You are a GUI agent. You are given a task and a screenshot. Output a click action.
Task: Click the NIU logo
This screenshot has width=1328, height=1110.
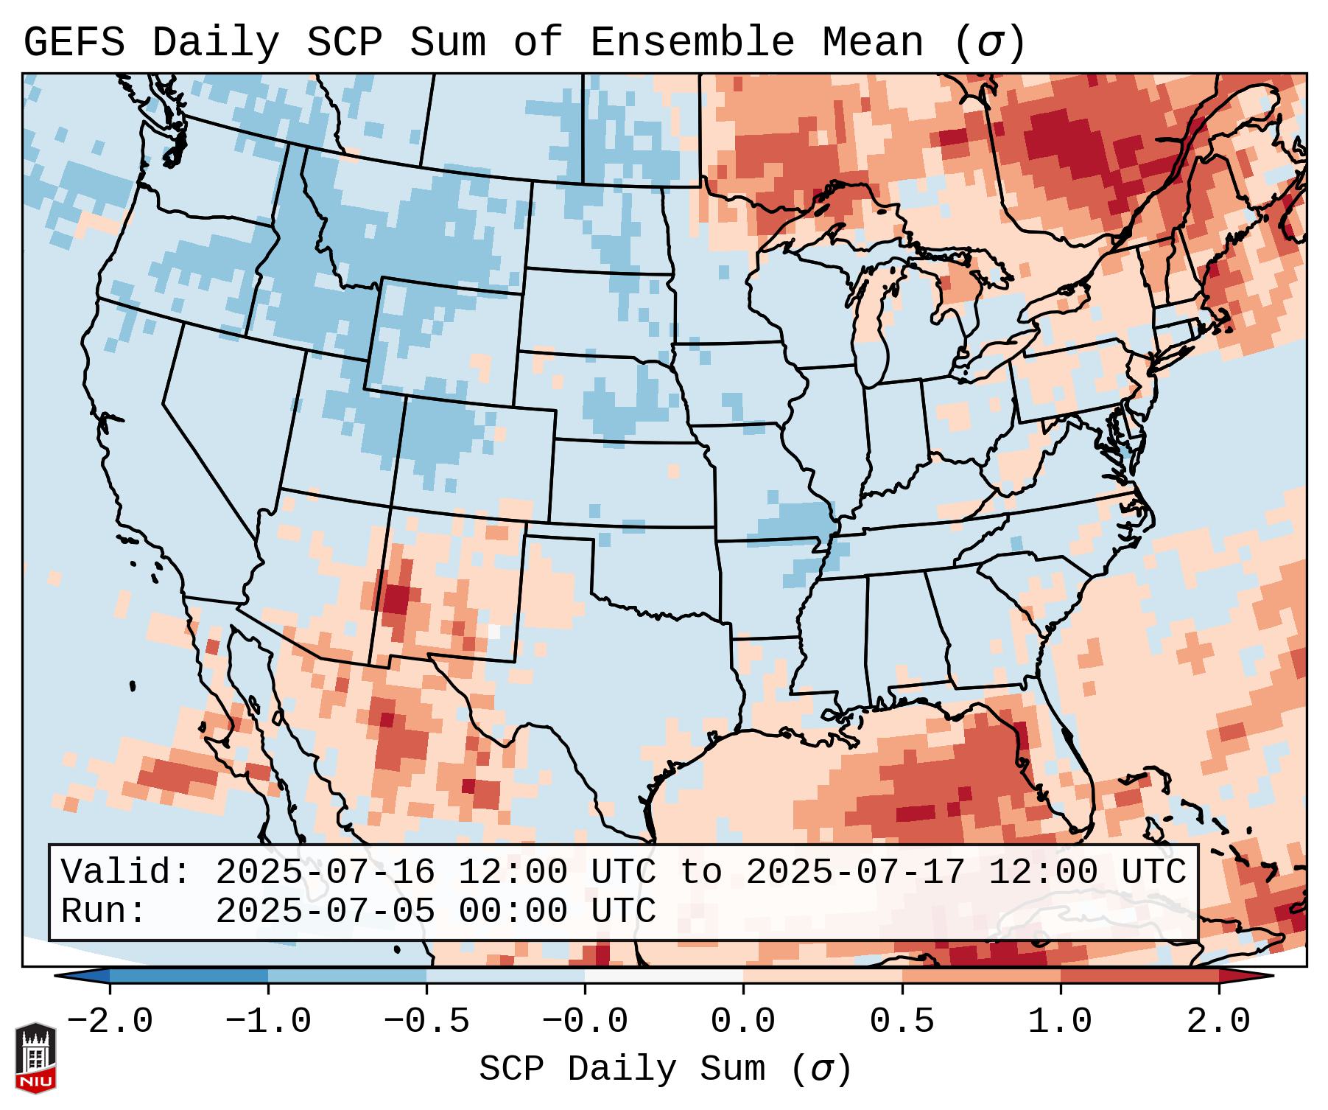click(35, 1058)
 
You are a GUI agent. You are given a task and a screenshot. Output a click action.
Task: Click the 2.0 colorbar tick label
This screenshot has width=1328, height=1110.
click(1218, 1022)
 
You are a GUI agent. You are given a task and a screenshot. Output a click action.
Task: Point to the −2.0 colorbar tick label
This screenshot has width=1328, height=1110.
click(110, 1022)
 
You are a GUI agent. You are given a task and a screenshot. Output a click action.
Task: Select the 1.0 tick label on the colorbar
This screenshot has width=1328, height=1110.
click(1060, 1022)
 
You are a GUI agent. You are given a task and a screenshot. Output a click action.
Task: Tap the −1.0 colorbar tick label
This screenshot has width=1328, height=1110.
click(268, 1022)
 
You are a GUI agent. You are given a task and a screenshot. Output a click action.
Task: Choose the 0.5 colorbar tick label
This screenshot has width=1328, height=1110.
click(902, 1022)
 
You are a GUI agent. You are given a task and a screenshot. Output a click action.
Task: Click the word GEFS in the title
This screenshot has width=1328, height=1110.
click(74, 43)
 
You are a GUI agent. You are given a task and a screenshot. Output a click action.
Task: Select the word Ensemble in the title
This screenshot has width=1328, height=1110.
click(692, 43)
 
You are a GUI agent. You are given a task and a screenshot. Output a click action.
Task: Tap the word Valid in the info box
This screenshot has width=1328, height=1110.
click(125, 872)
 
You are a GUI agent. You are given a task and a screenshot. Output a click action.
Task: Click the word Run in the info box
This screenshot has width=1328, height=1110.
click(103, 911)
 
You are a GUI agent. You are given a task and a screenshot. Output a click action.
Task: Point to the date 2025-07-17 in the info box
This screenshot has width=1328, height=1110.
click(855, 872)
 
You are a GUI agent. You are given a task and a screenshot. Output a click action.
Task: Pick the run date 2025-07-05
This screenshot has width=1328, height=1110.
click(325, 911)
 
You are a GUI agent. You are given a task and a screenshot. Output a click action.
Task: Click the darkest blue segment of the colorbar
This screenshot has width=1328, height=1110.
click(189, 976)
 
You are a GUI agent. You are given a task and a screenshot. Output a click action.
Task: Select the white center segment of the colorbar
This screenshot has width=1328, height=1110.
click(664, 976)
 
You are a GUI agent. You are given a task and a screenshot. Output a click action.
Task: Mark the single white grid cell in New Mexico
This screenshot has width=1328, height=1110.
click(493, 632)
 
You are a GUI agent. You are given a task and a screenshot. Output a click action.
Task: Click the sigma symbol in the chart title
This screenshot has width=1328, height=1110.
click(989, 43)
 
